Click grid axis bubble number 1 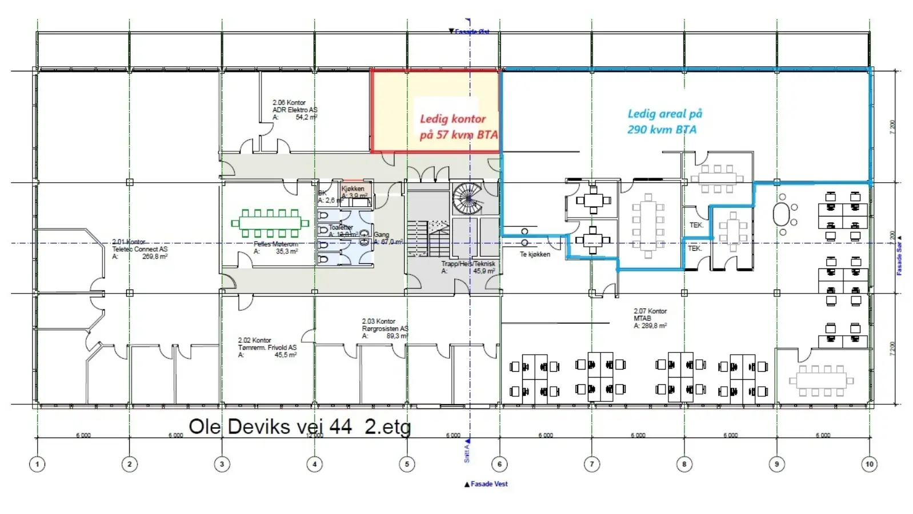[x=37, y=464]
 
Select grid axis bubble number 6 [x=499, y=464]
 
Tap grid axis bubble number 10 [x=869, y=464]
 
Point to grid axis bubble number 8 [x=684, y=464]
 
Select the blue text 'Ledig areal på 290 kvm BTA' [x=664, y=122]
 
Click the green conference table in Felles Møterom [x=270, y=223]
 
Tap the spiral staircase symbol [x=467, y=198]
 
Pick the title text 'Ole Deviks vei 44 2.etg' [x=299, y=427]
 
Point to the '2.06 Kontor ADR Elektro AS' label [x=294, y=110]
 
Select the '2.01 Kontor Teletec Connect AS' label [x=139, y=249]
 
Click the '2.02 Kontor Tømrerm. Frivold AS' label [x=267, y=347]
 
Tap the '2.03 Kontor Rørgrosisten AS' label [x=385, y=328]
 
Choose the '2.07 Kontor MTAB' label [x=650, y=318]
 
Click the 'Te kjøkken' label [x=535, y=254]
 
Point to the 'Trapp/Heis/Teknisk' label [x=468, y=264]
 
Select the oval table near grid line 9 [x=782, y=215]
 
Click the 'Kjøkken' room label [x=353, y=188]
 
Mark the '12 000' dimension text [x=314, y=435]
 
